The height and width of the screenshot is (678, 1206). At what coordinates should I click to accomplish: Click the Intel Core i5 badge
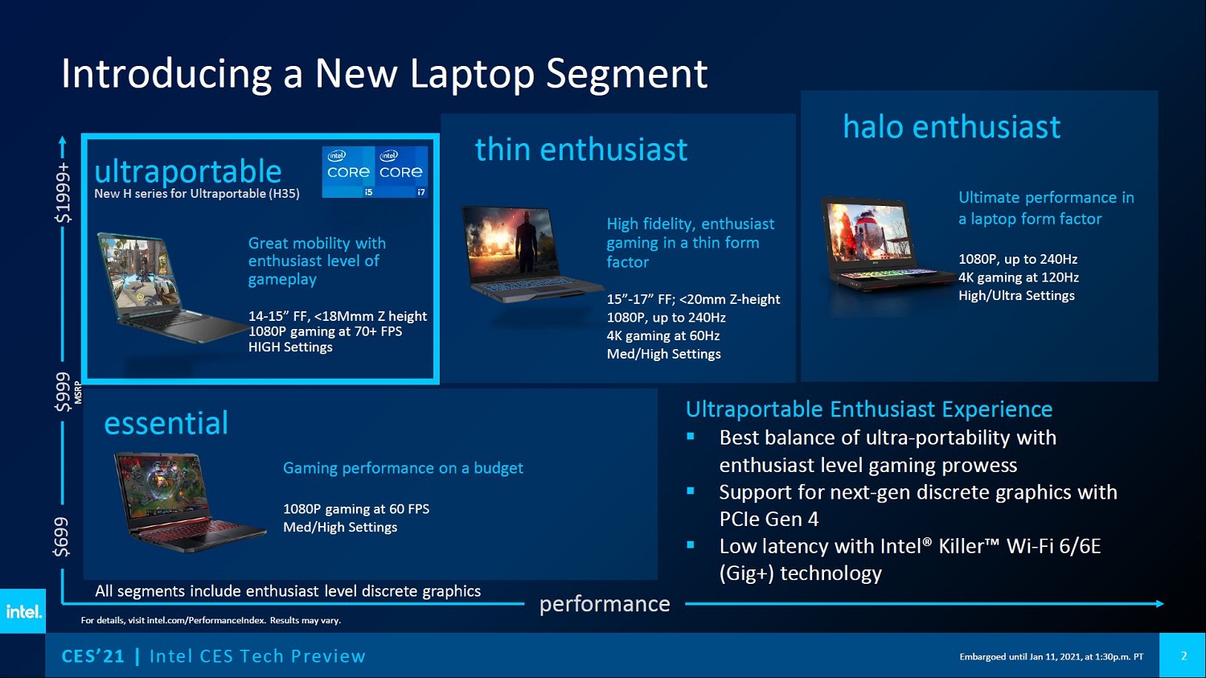348,172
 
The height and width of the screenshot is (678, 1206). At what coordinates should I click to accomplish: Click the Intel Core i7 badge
402,172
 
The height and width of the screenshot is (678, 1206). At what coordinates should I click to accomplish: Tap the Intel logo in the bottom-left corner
23,611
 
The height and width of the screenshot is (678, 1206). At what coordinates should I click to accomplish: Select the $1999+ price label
63,193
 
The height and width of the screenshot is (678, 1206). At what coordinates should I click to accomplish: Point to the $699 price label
61,537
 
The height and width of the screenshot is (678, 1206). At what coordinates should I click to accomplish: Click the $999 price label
63,392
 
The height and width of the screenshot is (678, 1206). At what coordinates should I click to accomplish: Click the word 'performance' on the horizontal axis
605,604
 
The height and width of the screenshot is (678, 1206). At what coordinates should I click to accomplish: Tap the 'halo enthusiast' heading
951,127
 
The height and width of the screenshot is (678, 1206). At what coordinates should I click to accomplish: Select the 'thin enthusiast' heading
581,149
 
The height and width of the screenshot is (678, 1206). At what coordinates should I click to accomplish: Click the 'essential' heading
166,423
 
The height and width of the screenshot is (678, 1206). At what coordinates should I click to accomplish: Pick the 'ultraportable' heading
188,172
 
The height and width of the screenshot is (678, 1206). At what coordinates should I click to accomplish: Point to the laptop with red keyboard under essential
190,502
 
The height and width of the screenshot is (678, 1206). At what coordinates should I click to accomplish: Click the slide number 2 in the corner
1184,656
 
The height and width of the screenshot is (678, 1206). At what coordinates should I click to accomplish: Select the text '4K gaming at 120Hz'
1019,277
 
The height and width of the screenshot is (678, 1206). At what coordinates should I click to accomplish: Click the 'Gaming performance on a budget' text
403,468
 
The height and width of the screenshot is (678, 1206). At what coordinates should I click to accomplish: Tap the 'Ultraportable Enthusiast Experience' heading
869,409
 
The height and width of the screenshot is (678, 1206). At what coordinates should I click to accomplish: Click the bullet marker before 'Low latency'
691,545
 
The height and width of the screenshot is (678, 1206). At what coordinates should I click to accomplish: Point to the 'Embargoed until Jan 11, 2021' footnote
1052,656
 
